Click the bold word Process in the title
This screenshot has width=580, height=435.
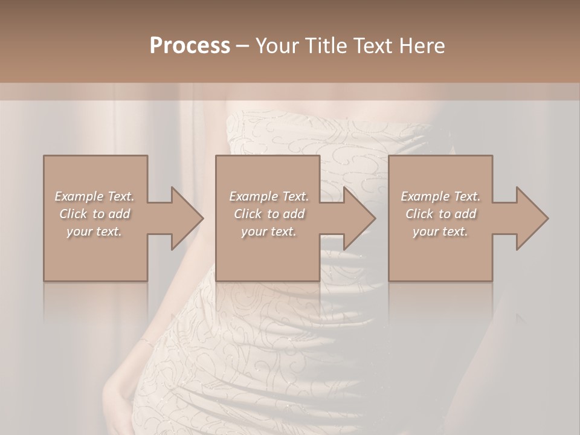click(x=190, y=46)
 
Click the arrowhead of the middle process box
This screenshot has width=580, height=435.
click(x=358, y=218)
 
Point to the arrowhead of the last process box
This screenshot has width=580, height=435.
click(x=530, y=218)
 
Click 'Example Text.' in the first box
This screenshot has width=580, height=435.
click(x=94, y=196)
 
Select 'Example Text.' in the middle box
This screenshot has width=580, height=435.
click(x=269, y=196)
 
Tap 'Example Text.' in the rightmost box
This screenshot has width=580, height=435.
click(x=440, y=196)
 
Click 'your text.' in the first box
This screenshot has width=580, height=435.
click(x=94, y=231)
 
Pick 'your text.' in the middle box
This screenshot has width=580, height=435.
click(x=269, y=231)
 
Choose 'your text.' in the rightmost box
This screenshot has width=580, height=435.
click(x=440, y=231)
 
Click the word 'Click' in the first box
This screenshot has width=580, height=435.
click(x=73, y=214)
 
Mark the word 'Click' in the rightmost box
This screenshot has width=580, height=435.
click(x=420, y=214)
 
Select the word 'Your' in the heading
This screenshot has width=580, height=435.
click(x=275, y=46)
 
